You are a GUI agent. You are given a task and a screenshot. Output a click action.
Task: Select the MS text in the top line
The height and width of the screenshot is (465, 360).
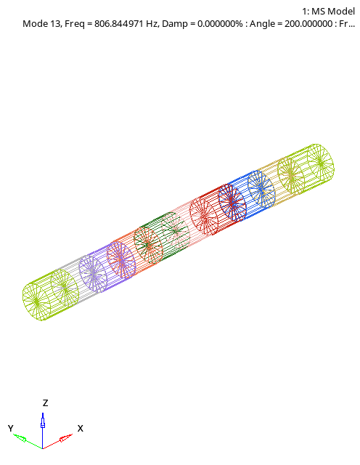[318, 10]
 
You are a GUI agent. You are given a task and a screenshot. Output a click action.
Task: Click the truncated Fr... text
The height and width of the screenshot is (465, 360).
[348, 23]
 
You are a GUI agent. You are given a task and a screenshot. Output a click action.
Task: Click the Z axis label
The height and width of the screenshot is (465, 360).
[45, 403]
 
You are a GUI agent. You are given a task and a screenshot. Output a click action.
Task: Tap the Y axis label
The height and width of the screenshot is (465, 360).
[11, 428]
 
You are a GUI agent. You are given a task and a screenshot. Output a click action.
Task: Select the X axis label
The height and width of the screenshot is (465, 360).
[80, 428]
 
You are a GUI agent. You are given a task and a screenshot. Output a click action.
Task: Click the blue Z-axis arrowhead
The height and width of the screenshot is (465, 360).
[43, 421]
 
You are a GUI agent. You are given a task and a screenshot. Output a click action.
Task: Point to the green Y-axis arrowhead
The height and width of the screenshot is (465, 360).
[20, 438]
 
